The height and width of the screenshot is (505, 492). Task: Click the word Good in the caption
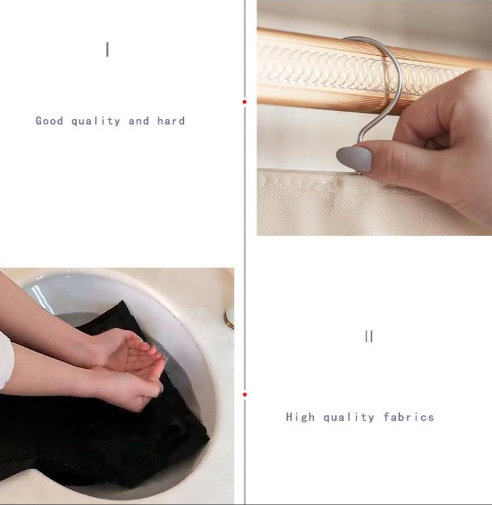[49, 121]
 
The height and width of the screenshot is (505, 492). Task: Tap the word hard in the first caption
[171, 121]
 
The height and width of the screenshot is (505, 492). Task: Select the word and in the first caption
[139, 121]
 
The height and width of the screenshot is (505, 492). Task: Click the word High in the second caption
[300, 417]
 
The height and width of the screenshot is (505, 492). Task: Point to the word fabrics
[408, 417]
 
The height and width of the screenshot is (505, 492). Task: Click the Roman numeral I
[107, 50]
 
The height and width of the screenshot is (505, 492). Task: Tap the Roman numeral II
[369, 336]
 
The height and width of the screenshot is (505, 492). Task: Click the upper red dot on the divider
[244, 102]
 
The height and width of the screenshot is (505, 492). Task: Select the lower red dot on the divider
[245, 394]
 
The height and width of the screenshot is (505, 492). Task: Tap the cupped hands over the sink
[132, 367]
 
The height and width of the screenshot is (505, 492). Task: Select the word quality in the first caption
[95, 121]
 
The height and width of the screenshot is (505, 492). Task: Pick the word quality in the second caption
[349, 417]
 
